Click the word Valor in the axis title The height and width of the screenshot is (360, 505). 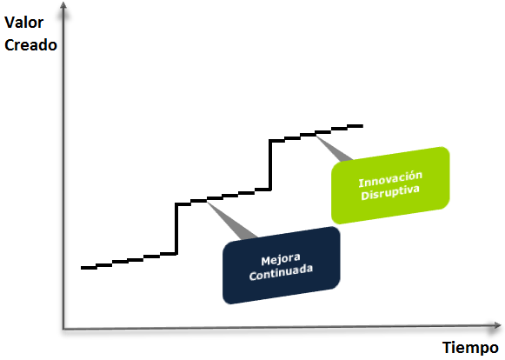point(23,23)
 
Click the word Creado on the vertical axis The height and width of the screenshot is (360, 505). point(30,45)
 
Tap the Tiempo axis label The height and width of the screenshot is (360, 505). point(470,348)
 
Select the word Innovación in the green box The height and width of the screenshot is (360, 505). point(390,179)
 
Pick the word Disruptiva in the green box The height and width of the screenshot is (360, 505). point(390,192)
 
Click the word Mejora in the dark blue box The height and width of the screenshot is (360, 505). point(281,259)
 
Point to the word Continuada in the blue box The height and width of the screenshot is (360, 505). point(281,273)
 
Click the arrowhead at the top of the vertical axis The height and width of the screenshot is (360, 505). point(63,6)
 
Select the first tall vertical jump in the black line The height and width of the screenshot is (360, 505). point(176,229)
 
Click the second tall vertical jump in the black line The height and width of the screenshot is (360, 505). point(270,165)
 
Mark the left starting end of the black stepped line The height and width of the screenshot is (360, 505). point(81,268)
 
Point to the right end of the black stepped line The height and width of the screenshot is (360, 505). point(362,126)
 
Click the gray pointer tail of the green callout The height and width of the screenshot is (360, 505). point(335,149)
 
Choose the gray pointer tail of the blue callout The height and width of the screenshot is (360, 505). point(231,221)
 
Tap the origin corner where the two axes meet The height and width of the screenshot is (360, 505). point(63,329)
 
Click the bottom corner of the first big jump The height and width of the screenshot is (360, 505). point(176,254)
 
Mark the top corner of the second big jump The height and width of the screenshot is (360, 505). point(270,141)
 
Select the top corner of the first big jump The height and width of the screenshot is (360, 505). point(176,204)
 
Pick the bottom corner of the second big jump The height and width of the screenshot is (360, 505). point(270,190)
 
